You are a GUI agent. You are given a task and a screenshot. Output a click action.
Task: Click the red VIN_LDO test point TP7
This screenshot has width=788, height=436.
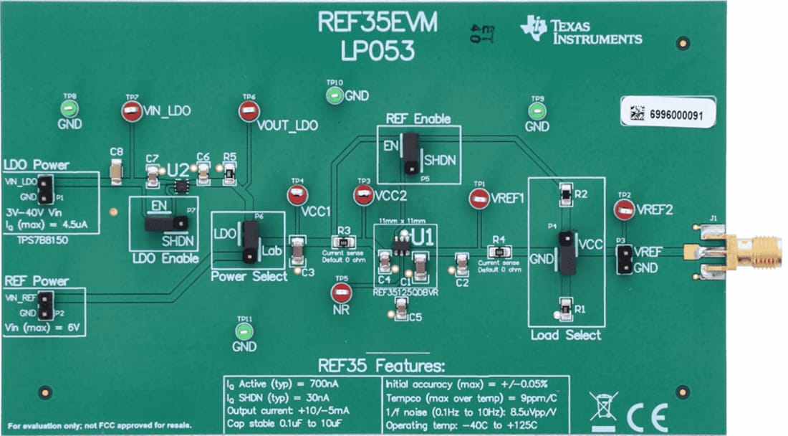pos(131,111)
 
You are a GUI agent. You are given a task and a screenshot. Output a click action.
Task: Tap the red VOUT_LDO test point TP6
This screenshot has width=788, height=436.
pos(249,111)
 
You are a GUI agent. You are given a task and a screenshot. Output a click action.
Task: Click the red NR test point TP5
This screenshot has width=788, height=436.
pos(341,292)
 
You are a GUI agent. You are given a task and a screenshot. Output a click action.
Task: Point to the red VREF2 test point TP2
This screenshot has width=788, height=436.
pos(624,209)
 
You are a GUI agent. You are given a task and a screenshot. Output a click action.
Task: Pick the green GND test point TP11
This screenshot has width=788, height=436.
pos(244,331)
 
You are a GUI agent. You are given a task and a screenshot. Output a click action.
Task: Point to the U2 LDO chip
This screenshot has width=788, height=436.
pos(182,187)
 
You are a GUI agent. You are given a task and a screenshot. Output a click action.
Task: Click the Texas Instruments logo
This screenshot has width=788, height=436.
pos(581,30)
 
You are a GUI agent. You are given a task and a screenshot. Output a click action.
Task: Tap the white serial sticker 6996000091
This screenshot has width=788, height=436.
pos(667,113)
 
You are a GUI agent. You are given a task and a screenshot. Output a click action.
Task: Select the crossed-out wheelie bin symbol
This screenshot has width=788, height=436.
pos(602,406)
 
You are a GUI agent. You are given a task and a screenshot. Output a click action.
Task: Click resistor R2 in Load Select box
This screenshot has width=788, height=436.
pos(565,194)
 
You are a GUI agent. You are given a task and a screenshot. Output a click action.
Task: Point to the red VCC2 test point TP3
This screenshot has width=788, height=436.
pos(364,195)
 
